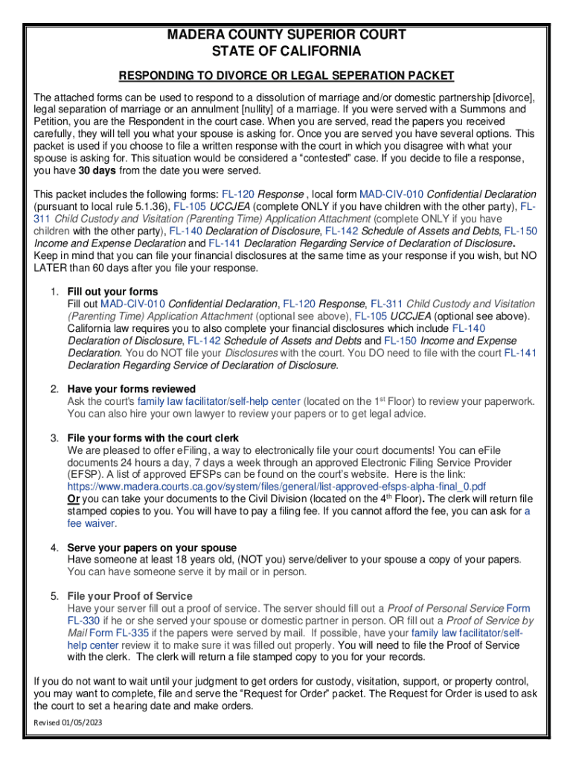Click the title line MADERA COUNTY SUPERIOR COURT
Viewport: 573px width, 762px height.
coord(286,35)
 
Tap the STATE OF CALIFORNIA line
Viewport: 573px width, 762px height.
coord(286,51)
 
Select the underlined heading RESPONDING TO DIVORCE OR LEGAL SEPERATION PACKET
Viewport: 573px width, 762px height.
coord(286,76)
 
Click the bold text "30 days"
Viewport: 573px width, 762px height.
coord(99,170)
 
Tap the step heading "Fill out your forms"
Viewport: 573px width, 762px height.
coord(112,291)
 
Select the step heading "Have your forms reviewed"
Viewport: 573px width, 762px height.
coord(131,389)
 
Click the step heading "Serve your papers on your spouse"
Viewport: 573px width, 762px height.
coord(152,548)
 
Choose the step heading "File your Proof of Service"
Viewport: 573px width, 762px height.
coord(129,596)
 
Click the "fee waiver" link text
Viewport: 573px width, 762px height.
coord(92,523)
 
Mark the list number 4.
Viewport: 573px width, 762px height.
coord(55,548)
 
